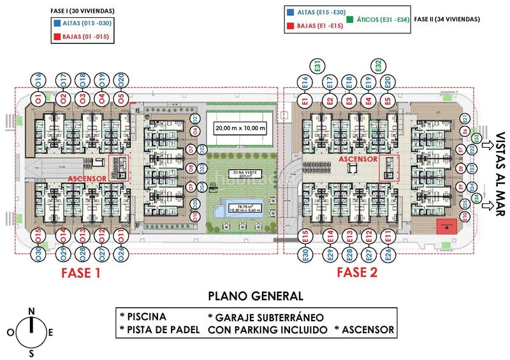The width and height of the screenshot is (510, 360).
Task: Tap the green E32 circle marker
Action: pyautogui.click(x=378, y=65)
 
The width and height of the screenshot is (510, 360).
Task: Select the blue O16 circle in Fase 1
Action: pyautogui.click(x=39, y=80)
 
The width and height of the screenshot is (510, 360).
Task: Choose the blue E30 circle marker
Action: pyautogui.click(x=306, y=255)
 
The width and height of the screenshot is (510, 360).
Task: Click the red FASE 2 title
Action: pyautogui.click(x=358, y=273)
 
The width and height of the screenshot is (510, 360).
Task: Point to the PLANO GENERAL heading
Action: pyautogui.click(x=255, y=296)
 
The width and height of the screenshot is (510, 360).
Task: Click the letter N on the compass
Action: pyautogui.click(x=31, y=310)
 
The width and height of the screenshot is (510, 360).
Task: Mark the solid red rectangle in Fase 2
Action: pyautogui.click(x=446, y=224)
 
